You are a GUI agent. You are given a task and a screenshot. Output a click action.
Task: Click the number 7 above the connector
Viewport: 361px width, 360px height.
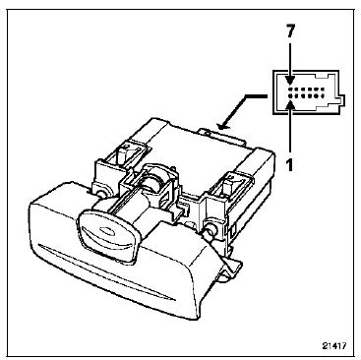pos(290,31)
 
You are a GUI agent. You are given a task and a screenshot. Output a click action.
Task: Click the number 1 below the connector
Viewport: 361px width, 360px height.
pos(290,164)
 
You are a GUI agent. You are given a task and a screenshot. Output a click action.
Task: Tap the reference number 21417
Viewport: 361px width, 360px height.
pos(333,346)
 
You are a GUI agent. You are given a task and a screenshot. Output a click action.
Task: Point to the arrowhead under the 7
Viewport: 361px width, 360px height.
pos(290,81)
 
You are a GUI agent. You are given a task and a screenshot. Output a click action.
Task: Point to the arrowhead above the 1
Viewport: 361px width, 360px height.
pos(290,104)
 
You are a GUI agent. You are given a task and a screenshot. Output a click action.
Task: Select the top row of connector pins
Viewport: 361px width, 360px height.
pos(306,90)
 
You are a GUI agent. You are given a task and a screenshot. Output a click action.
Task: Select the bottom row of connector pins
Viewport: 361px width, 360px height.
pos(306,96)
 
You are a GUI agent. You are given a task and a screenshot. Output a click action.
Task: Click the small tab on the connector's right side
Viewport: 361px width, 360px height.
pos(342,101)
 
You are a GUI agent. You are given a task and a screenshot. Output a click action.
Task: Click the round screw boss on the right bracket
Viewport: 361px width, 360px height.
pos(210,227)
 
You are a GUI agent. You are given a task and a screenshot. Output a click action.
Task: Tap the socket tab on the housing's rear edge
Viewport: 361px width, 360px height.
pos(223,135)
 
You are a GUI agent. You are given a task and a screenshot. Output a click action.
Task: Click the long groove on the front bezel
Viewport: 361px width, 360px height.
pos(105,272)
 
